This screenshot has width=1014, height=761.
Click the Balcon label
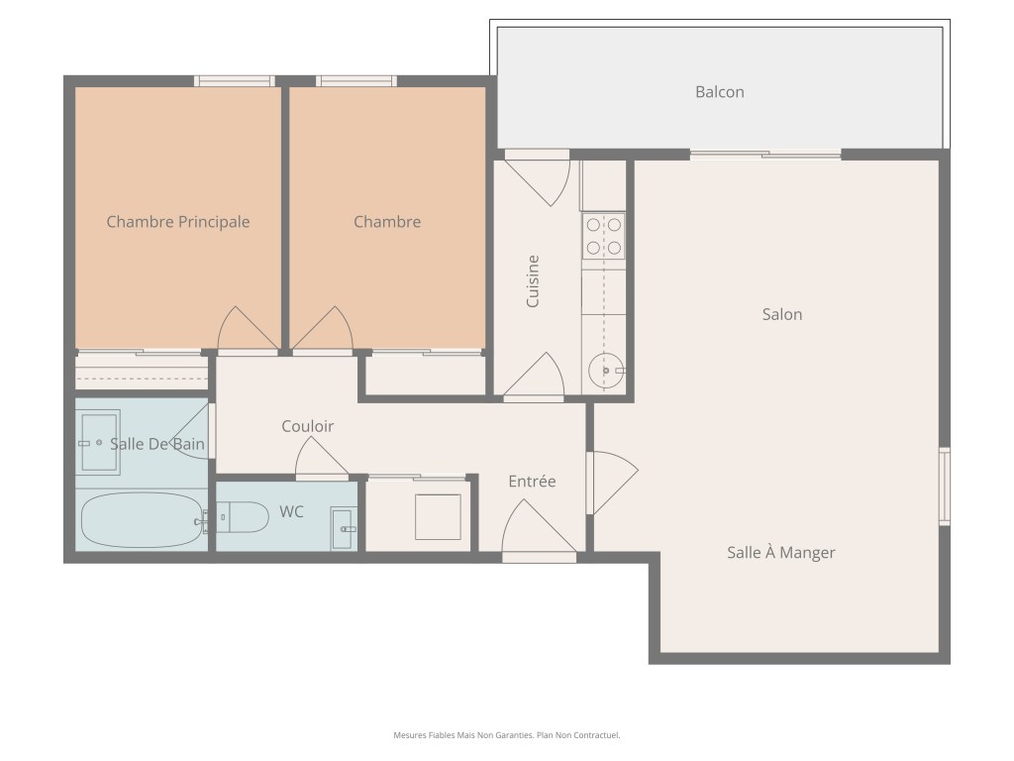point(719,92)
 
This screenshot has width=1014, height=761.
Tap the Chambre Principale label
point(178,222)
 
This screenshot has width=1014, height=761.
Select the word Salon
point(782,314)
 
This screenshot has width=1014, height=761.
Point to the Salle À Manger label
point(780,553)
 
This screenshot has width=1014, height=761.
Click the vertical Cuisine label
point(532,281)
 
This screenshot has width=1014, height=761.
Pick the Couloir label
point(307,426)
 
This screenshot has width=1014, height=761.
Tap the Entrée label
point(532,482)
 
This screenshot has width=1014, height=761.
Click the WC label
point(291,512)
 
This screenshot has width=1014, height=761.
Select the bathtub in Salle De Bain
point(142,520)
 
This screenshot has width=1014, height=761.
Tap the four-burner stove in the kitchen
point(603,236)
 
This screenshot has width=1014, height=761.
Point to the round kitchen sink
point(606,371)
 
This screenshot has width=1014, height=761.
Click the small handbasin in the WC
point(344,529)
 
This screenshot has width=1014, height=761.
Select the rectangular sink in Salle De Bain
point(99,443)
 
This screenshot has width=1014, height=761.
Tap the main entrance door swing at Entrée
point(538,526)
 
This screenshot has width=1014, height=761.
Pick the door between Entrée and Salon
point(612,483)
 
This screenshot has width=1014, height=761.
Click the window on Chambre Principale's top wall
point(235,81)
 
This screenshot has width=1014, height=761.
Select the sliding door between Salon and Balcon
point(765,155)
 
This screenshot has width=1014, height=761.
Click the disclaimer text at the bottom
point(507,735)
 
